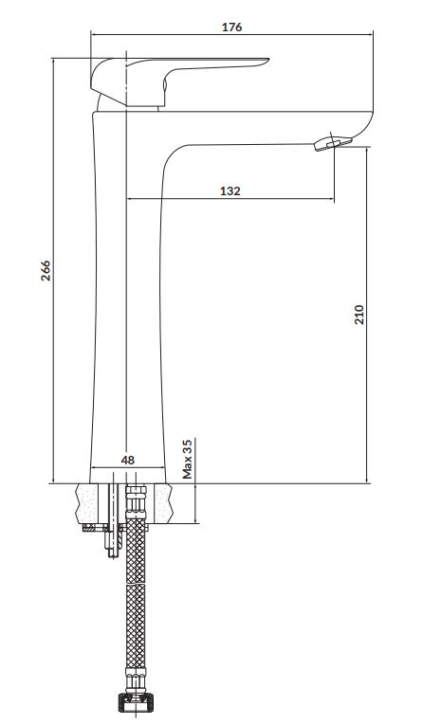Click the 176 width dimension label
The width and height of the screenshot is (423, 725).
tap(231, 27)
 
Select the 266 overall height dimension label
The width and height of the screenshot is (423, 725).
tap(46, 270)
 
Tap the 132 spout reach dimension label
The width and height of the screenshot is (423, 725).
tap(230, 190)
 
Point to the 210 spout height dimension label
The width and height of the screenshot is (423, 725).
tap(359, 315)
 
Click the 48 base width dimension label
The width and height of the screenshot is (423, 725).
tap(128, 460)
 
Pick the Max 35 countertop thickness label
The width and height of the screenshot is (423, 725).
tap(187, 459)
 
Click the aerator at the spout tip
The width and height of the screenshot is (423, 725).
tap(332, 143)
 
